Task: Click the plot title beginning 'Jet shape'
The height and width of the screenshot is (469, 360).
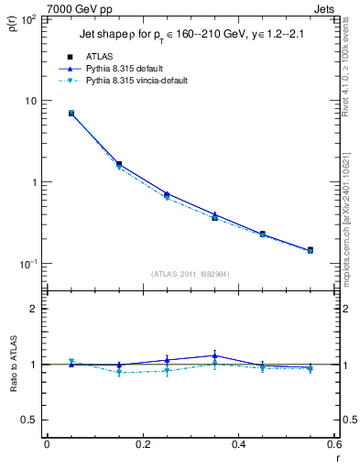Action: (184, 36)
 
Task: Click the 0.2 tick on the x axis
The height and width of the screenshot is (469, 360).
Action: (142, 445)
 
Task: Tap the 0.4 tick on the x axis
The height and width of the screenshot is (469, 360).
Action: (238, 445)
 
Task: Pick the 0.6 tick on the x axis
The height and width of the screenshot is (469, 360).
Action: (334, 445)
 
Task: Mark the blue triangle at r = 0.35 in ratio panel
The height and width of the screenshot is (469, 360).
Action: (214, 355)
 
